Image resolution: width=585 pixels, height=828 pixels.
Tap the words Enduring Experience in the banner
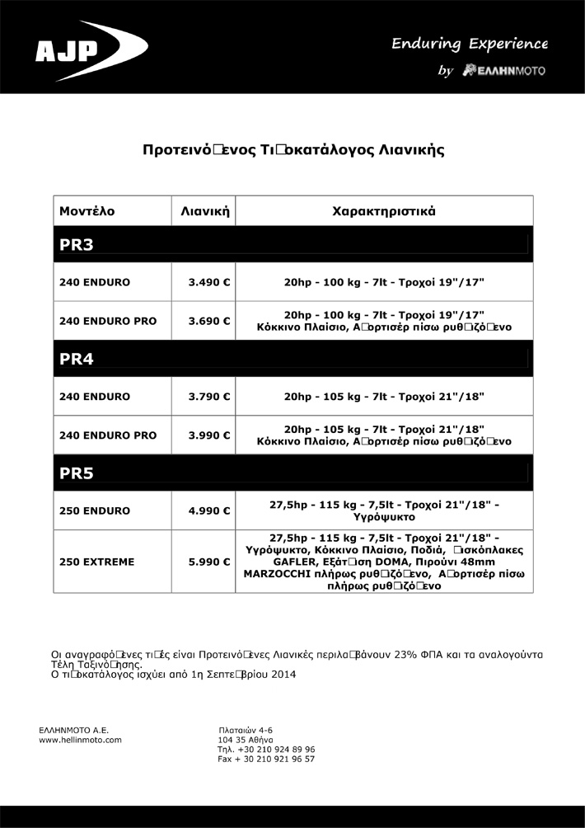coord(470,43)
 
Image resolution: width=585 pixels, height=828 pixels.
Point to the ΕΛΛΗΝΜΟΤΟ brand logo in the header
coord(505,71)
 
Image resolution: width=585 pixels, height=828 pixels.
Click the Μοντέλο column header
coord(87,211)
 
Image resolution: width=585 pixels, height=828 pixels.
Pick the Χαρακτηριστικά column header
coord(384,211)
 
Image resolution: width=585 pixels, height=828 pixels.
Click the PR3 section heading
coord(77,244)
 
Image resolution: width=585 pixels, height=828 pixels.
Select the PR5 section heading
coord(77,473)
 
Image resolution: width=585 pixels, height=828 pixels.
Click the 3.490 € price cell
coord(208,282)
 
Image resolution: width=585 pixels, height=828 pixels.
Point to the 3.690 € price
coord(208,321)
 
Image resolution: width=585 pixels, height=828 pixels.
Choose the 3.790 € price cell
coord(208,397)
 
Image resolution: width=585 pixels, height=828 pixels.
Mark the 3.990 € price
coord(208,435)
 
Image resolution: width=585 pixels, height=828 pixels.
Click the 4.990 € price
coord(208,510)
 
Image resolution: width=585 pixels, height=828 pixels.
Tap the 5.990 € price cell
coord(208,562)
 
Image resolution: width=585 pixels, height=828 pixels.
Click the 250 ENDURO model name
coord(92,510)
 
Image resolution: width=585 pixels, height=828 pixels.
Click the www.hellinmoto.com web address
coord(81,740)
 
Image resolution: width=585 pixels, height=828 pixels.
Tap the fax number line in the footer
coord(266,759)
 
